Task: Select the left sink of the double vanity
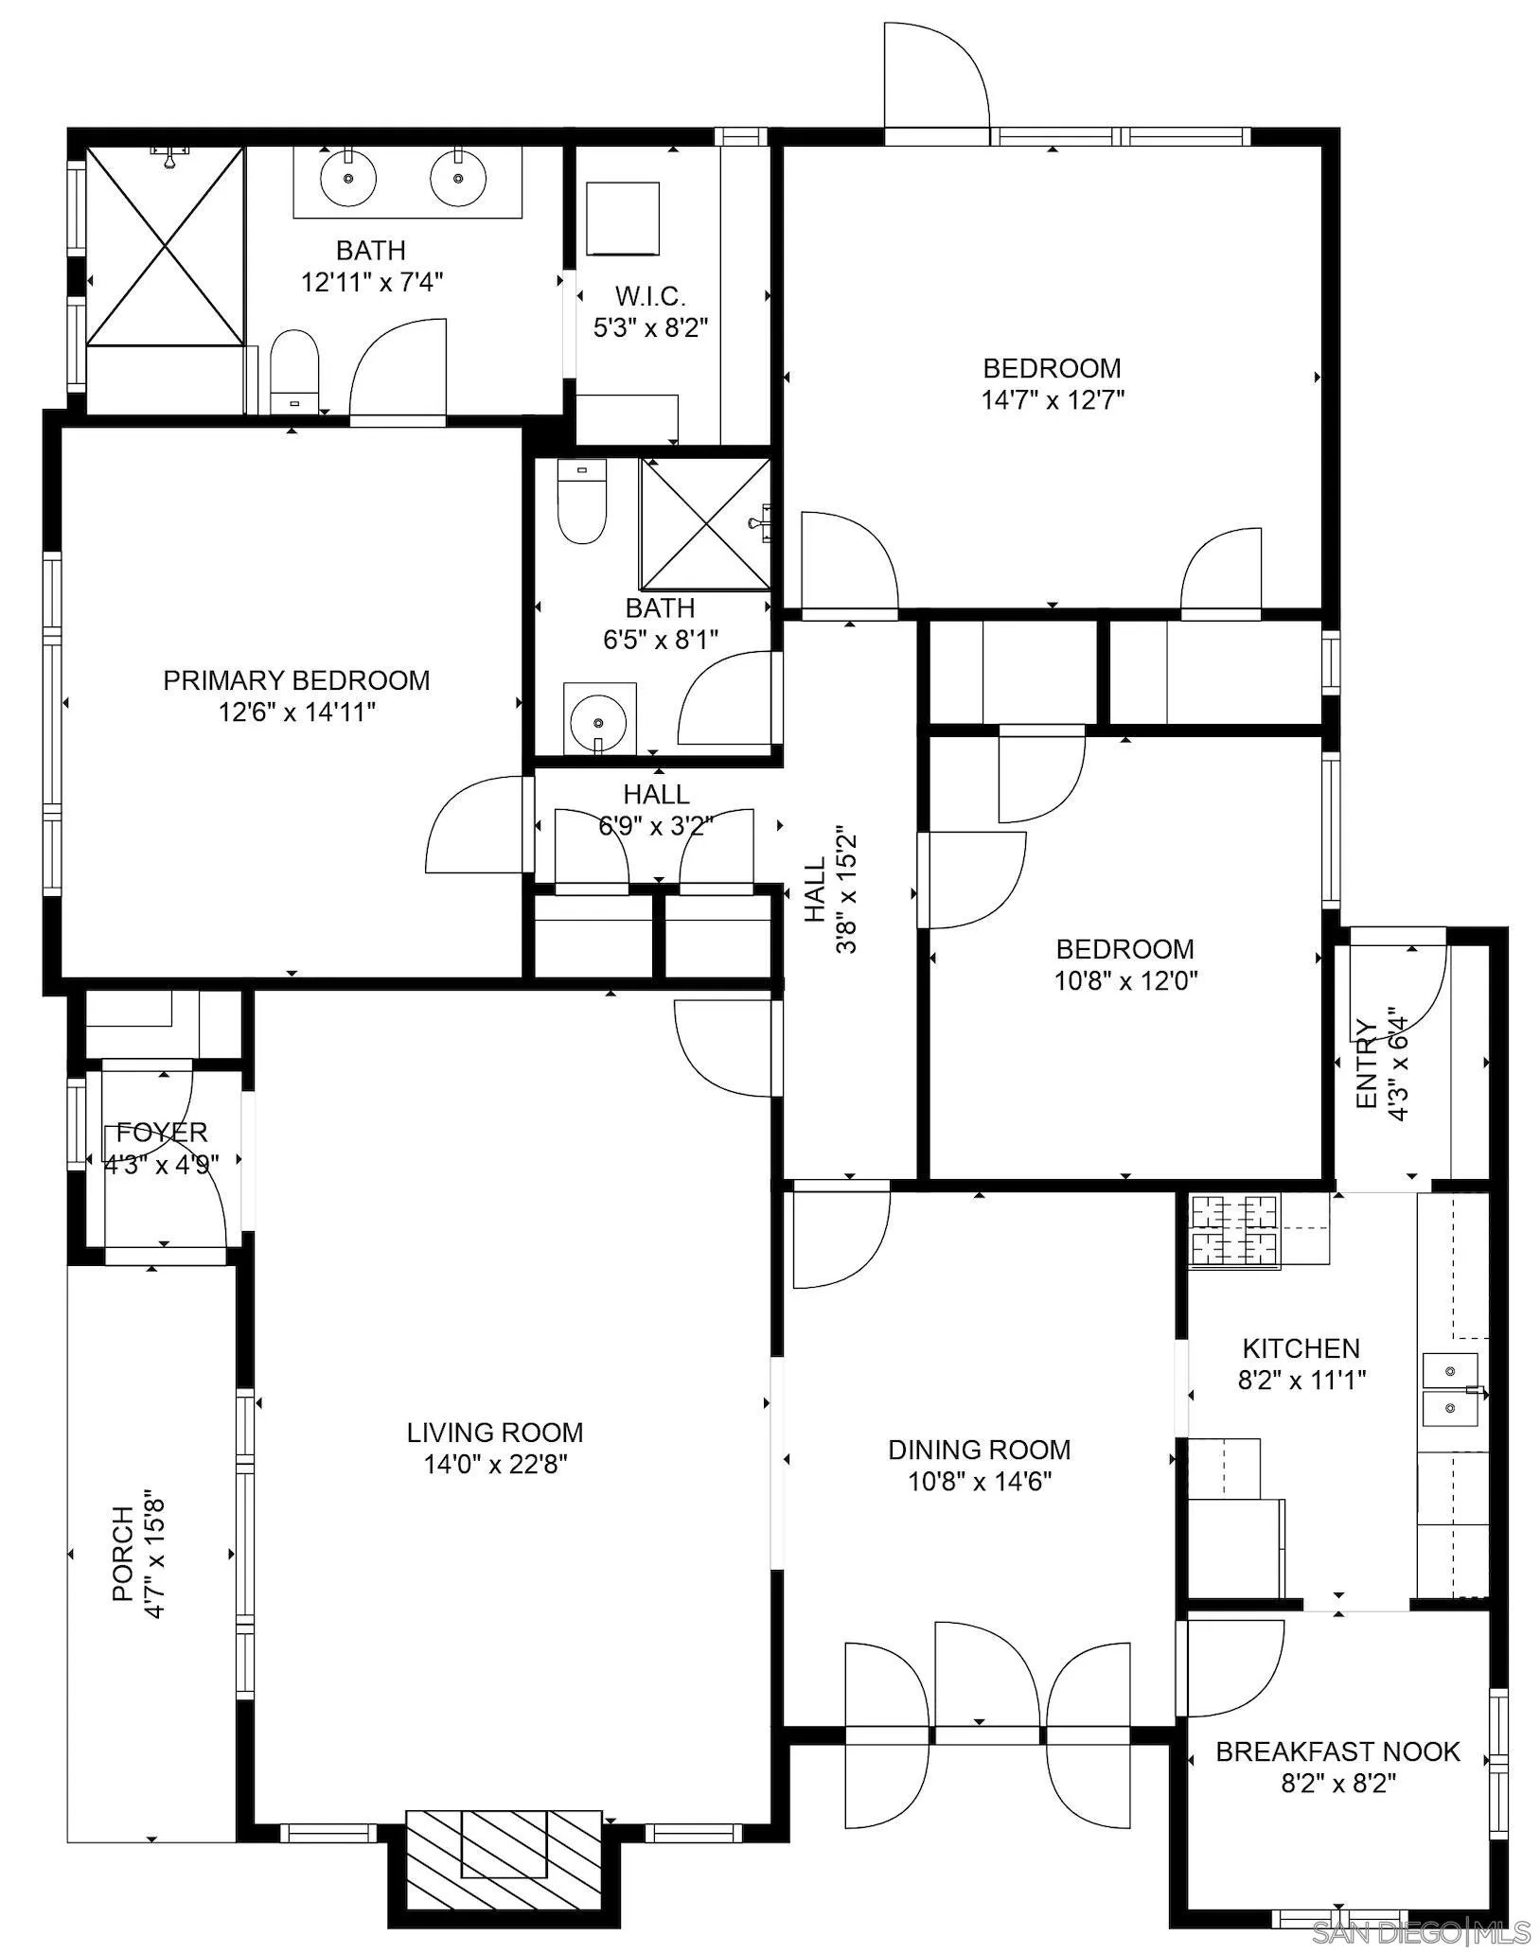pos(348,178)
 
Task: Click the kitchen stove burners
pos(1233,1230)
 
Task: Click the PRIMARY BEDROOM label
pos(296,680)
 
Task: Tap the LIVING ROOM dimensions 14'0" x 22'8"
pos(495,1466)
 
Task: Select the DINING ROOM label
pos(980,1450)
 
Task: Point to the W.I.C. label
pos(650,296)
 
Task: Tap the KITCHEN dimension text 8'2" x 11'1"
pos(1301,1381)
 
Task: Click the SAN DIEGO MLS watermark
pos(1423,1932)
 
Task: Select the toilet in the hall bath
pos(581,501)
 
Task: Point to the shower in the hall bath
pos(706,524)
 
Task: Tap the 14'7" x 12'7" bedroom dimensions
pos(1053,399)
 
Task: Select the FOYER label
pos(162,1132)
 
